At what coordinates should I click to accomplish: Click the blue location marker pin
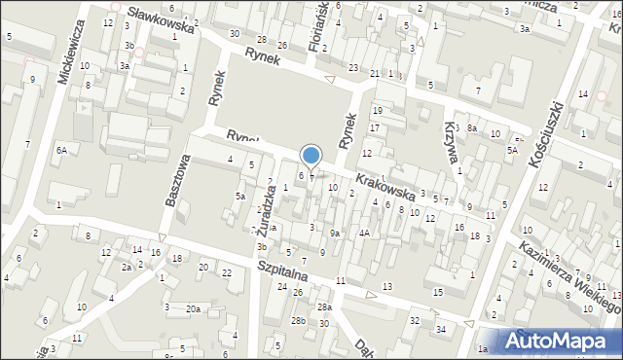tap(311, 156)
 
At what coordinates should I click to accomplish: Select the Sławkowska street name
tap(155, 18)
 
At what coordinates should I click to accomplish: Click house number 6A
tap(61, 150)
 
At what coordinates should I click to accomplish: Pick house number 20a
tap(194, 308)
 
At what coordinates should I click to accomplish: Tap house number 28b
tap(299, 320)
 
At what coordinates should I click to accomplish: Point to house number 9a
tap(335, 233)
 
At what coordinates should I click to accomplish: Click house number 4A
tap(364, 233)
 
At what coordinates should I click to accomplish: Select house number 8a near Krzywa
tap(472, 128)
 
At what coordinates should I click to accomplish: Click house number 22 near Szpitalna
tap(226, 271)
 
